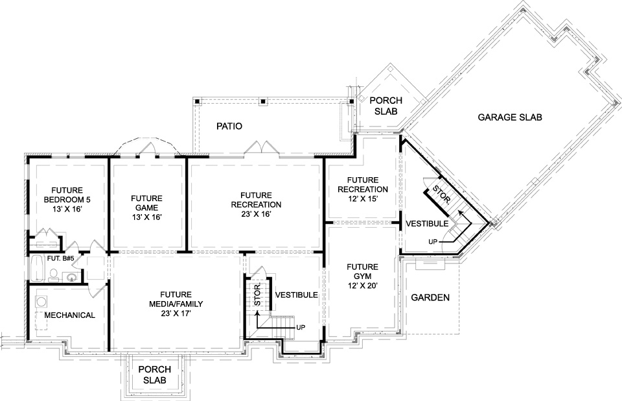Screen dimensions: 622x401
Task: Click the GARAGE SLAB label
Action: (510, 117)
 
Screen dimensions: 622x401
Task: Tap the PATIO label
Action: (229, 127)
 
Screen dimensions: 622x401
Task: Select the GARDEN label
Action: (430, 297)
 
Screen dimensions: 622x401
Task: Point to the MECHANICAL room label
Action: (70, 315)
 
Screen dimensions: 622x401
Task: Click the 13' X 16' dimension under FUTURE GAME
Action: (147, 217)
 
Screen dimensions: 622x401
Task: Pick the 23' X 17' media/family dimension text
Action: (176, 313)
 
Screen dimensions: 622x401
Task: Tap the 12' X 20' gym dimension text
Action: (363, 286)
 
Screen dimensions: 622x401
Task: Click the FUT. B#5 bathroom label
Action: (61, 259)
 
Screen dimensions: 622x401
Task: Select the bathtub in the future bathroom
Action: (38, 269)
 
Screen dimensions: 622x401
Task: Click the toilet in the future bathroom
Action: (53, 275)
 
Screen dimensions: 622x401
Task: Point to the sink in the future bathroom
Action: (71, 277)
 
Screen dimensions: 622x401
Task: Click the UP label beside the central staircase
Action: (301, 328)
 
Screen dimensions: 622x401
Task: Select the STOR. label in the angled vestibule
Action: (441, 195)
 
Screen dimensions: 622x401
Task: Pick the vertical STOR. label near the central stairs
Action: (257, 295)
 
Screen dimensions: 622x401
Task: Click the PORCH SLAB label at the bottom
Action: (154, 375)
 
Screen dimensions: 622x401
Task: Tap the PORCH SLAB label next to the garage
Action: (386, 106)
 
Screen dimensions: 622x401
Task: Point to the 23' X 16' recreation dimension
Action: (257, 214)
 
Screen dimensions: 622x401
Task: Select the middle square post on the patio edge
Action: (262, 101)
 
